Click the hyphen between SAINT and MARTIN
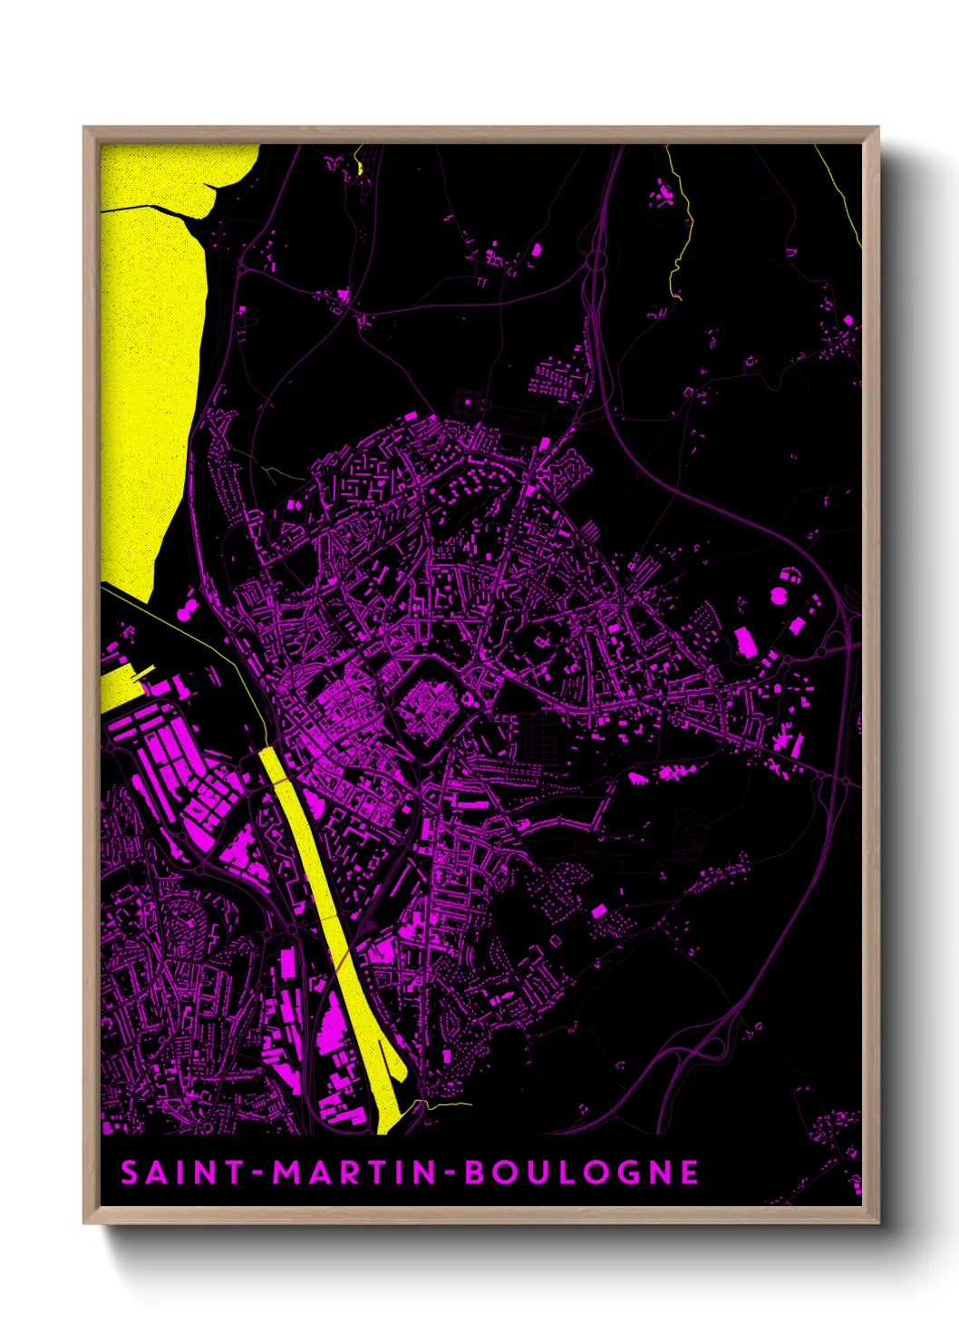click(258, 1173)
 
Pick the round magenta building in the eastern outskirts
click(779, 596)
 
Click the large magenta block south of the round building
click(745, 642)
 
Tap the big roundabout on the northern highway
click(596, 261)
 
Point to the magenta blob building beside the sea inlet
click(184, 612)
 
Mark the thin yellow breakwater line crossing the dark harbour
click(181, 626)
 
